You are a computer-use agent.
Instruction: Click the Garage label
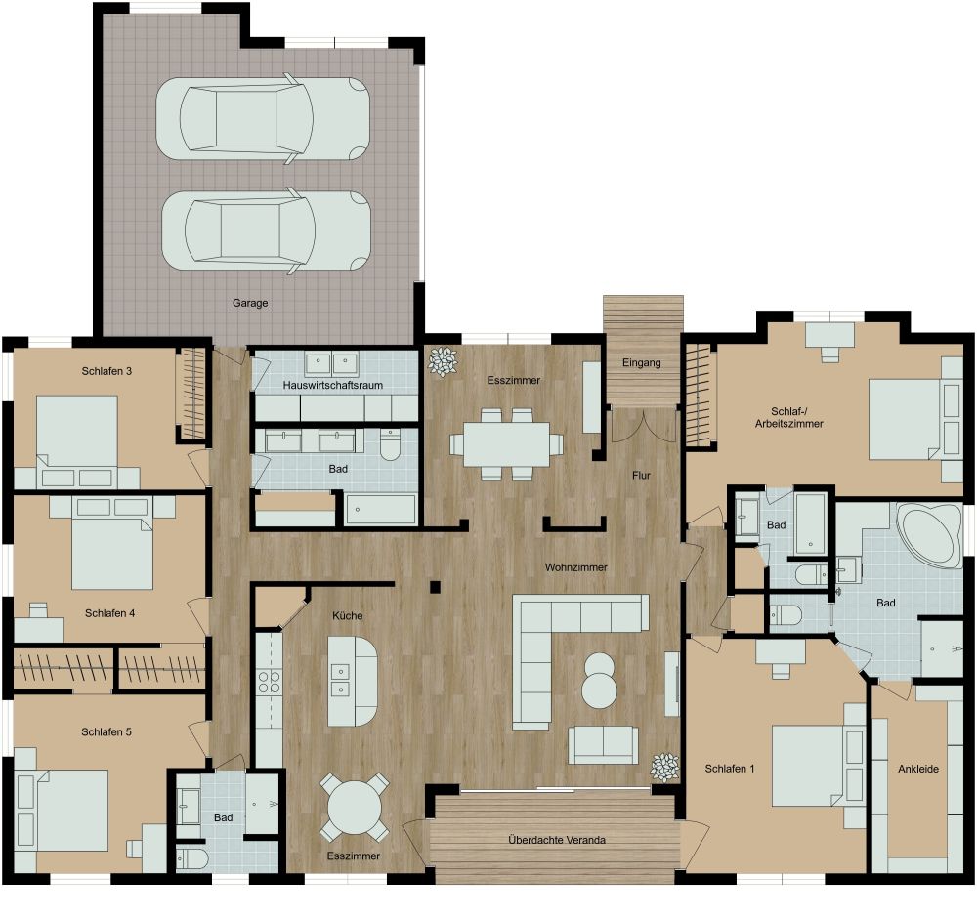click(250, 303)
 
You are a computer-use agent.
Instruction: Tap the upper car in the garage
click(264, 118)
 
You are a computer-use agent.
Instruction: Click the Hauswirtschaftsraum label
click(332, 386)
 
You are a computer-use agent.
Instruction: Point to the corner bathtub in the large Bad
click(929, 534)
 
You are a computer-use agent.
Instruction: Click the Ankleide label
click(917, 770)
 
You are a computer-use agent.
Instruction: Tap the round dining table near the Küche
click(354, 808)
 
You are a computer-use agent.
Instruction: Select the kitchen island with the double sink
click(352, 680)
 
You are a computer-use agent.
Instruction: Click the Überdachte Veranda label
click(557, 840)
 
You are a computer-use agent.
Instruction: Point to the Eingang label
click(642, 363)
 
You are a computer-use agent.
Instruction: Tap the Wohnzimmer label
click(576, 567)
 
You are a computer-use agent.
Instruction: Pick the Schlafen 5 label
click(107, 731)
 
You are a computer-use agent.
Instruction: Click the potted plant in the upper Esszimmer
click(443, 362)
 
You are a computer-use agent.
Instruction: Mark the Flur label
click(641, 477)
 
